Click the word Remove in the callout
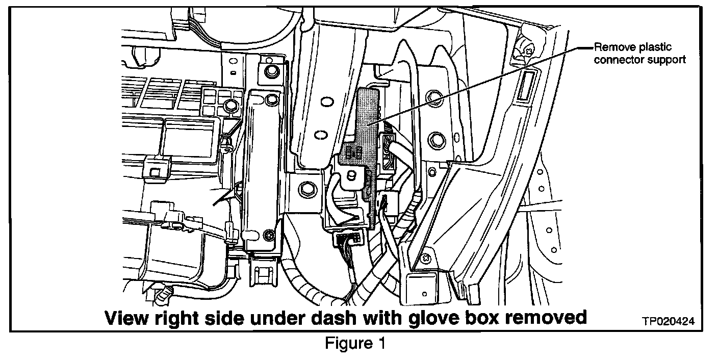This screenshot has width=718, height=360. click(x=610, y=48)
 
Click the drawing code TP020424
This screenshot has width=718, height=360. click(x=668, y=322)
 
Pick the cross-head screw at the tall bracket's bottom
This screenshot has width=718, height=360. click(x=270, y=235)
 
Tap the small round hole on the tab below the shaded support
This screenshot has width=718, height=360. click(x=350, y=176)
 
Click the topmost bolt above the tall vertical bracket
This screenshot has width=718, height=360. click(x=271, y=70)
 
